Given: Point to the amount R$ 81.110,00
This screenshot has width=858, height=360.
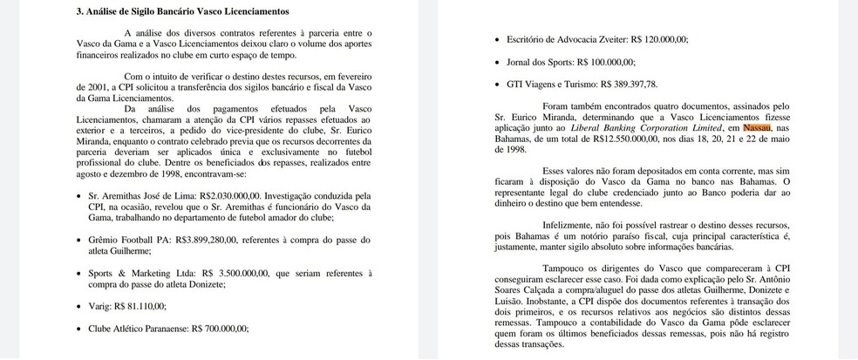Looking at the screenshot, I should point(138,306).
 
